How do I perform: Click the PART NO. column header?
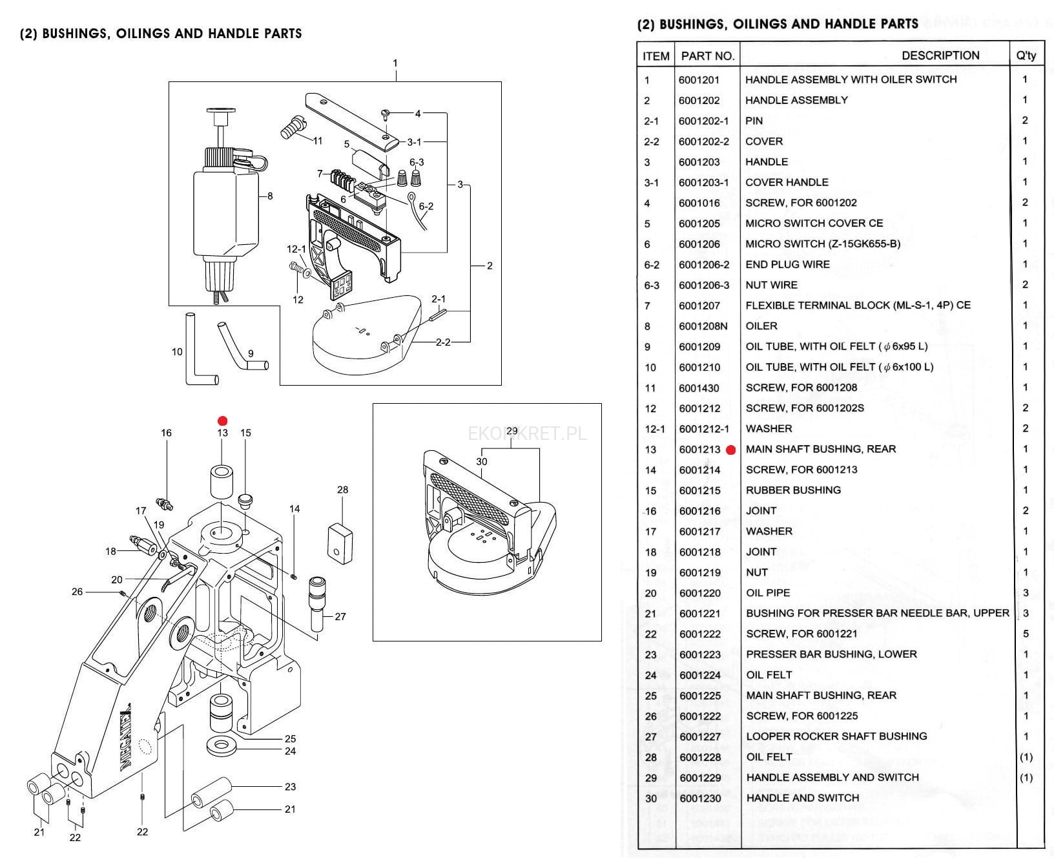[x=708, y=56]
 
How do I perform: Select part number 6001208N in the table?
[x=703, y=326]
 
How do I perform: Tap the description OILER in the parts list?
[x=761, y=326]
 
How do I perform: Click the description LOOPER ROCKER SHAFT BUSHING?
[x=836, y=736]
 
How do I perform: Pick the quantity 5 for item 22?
[x=1026, y=634]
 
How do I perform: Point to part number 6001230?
[x=700, y=798]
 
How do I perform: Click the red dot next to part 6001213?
[x=731, y=450]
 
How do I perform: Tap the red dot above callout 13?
[x=223, y=421]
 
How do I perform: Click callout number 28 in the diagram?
[x=342, y=490]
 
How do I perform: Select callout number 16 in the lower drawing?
[x=166, y=433]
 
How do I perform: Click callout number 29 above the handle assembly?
[x=512, y=431]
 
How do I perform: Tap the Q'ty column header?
[x=1026, y=56]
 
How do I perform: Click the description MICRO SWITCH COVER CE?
[x=814, y=224]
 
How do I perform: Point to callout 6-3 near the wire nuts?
[x=417, y=162]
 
